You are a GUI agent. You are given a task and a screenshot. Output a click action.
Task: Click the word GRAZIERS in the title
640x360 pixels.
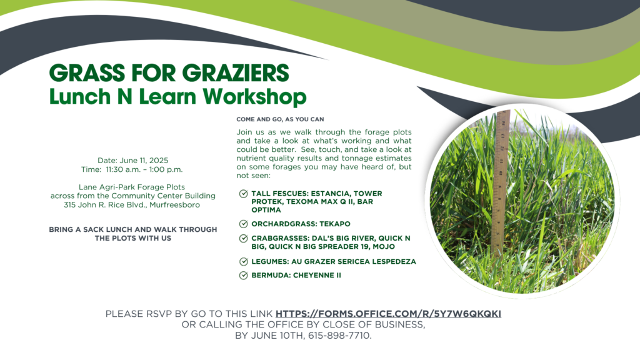pyautogui.click(x=236, y=73)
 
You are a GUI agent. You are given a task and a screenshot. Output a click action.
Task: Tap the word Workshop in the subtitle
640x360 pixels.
pyautogui.click(x=255, y=97)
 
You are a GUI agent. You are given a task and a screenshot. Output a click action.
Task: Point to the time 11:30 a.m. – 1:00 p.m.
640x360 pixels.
pyautogui.click(x=144, y=169)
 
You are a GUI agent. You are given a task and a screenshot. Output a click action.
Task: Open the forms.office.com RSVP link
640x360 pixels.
pyautogui.click(x=388, y=314)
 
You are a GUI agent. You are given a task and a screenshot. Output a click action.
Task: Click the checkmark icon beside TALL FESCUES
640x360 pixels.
pyautogui.click(x=243, y=194)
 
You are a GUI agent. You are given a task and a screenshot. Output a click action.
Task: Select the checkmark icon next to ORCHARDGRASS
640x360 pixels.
pyautogui.click(x=243, y=224)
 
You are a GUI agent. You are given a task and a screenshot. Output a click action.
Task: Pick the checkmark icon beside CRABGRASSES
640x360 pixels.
pyautogui.click(x=243, y=238)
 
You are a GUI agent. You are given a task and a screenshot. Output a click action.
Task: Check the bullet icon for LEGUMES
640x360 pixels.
pyautogui.click(x=243, y=262)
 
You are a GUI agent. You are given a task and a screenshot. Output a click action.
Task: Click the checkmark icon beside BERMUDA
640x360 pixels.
pyautogui.click(x=243, y=276)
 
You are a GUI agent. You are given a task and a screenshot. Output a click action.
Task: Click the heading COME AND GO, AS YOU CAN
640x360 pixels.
pyautogui.click(x=280, y=119)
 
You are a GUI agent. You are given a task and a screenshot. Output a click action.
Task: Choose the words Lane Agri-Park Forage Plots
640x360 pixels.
pyautogui.click(x=132, y=187)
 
